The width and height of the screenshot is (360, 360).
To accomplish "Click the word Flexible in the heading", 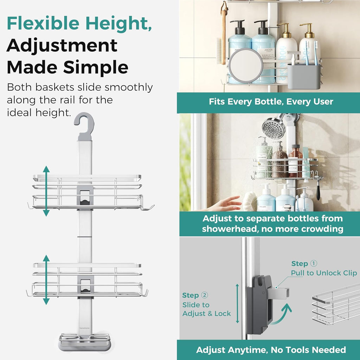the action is coord(43,23).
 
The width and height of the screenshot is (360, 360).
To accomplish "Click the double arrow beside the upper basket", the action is coord(46,191).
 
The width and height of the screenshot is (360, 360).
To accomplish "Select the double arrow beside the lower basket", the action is coord(46,279).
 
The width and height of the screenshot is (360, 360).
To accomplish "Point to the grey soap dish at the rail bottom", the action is coord(84,342).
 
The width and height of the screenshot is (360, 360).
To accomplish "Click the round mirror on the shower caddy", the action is coord(246,65).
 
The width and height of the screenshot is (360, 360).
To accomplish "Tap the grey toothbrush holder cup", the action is coord(304,77).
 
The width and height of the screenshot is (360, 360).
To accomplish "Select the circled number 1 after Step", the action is coord(314,263).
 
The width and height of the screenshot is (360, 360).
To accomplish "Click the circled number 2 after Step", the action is coord(204,295).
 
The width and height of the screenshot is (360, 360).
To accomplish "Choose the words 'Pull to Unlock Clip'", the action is coord(324,273).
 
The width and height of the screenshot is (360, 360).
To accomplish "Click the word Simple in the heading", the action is coord(96,67).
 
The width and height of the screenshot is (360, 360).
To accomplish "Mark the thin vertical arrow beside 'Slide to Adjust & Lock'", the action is coord(237,303).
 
